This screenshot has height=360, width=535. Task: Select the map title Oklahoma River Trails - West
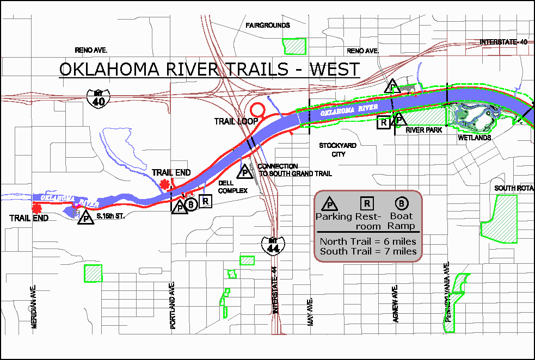tap(209, 70)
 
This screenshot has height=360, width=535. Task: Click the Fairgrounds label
tap(267, 26)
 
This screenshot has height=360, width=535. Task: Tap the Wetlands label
tap(475, 138)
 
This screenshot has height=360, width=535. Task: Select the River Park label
tap(423, 130)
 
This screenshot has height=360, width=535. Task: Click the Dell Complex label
tap(233, 187)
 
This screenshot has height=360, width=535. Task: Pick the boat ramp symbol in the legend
tap(402, 204)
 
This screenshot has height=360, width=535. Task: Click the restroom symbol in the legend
tap(368, 204)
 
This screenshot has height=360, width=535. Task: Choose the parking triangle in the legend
tap(330, 204)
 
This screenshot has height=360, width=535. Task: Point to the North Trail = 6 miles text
tap(368, 241)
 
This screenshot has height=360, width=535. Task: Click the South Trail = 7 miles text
tap(368, 251)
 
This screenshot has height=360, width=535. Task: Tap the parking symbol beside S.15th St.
tap(86, 218)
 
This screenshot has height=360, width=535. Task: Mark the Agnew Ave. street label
tap(396, 303)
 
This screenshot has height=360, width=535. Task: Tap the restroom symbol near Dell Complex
tap(205, 201)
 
